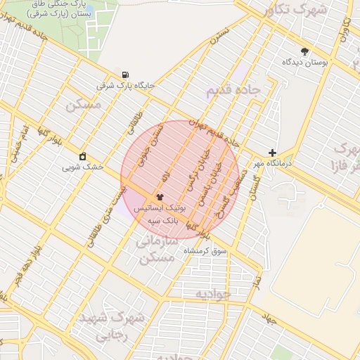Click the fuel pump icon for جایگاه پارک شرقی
[x=125, y=75]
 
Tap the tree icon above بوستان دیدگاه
[x=304, y=51]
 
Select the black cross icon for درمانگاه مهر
[x=273, y=153]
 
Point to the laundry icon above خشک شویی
[x=83, y=156]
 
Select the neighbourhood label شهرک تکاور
[x=294, y=11]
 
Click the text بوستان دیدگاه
[x=306, y=63]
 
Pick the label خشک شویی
[x=83, y=167]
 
